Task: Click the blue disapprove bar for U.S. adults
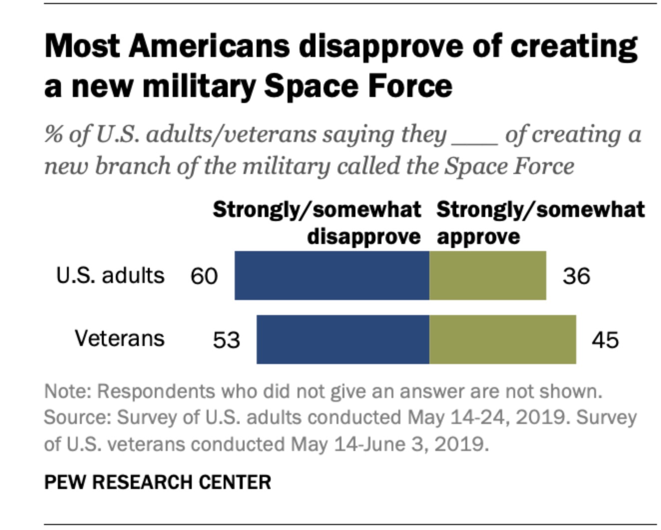[331, 275]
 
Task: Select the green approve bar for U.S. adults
[487, 275]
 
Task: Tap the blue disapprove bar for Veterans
[342, 339]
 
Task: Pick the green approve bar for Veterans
[502, 339]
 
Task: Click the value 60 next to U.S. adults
[204, 276]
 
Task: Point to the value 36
[576, 276]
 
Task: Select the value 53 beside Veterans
[226, 340]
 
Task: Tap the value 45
[605, 340]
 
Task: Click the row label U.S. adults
[110, 275]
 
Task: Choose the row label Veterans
[119, 338]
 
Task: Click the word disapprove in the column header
[363, 236]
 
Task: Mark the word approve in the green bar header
[478, 236]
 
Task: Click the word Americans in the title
[209, 46]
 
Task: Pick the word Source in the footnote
[76, 417]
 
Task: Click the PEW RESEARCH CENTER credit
[157, 482]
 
